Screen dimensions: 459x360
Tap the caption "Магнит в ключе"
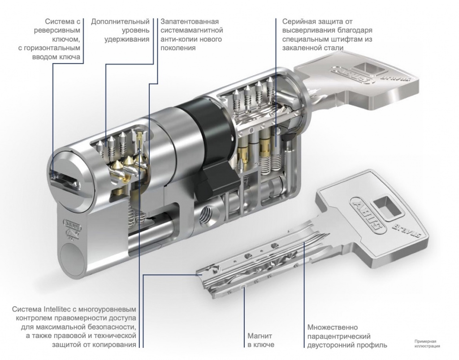pos(260,340)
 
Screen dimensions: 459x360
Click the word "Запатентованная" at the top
pos(190,22)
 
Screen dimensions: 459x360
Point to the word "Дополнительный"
pos(120,22)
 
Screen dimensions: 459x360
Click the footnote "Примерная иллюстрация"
pos(427,343)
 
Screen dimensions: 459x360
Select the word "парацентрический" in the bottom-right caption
pos(339,337)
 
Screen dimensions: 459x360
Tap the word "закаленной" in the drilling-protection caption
pos(302,48)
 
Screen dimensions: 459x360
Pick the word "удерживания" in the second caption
pos(127,39)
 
